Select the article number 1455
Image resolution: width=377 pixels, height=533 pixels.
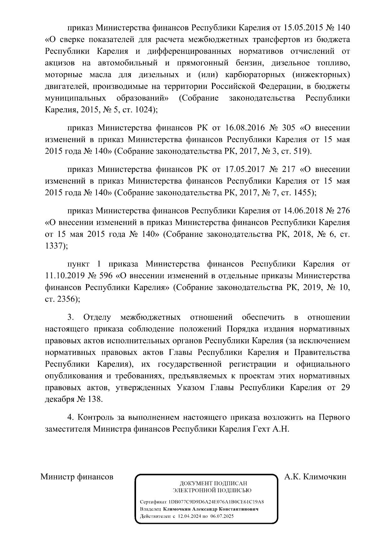pyautogui.click(x=303, y=193)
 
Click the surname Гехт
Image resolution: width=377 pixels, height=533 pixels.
pyautogui.click(x=261, y=429)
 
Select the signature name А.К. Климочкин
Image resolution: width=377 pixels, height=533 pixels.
pyautogui.click(x=315, y=477)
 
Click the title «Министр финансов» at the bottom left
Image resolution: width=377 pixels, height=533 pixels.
pyautogui.click(x=77, y=477)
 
